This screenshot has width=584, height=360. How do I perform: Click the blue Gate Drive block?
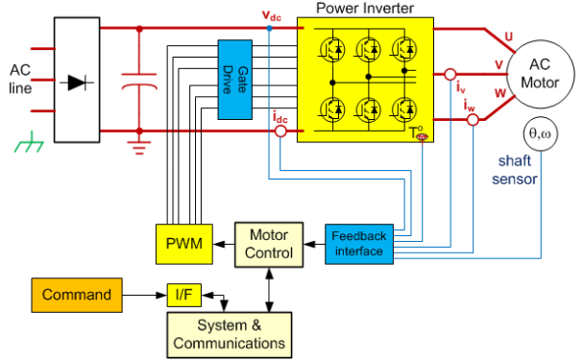point(235,80)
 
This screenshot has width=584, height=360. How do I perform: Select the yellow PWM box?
point(184,244)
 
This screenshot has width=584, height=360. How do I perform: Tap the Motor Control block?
point(269,245)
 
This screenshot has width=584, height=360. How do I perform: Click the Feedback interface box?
point(359,244)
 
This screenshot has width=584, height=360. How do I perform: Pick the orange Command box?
point(77,295)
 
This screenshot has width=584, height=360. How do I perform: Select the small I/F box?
point(184,296)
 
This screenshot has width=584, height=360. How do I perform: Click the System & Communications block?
point(229,335)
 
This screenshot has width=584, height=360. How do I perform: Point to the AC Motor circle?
point(540,74)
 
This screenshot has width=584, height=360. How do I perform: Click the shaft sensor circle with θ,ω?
point(541,133)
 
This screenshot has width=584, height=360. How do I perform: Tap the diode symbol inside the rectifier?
point(77,83)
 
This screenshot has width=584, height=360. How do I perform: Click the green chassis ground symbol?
point(29,143)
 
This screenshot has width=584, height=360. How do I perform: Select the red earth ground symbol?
point(139,148)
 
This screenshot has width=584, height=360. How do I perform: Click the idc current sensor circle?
point(280,132)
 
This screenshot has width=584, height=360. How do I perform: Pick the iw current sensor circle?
point(473,120)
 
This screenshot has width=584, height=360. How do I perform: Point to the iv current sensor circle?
point(450,75)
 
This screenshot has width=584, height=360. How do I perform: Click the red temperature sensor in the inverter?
point(422,137)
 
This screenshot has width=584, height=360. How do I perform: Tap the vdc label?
point(272,15)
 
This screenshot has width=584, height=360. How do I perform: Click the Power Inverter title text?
point(365,9)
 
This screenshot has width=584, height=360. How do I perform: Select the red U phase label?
point(509,36)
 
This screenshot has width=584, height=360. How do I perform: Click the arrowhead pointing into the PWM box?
point(219,244)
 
